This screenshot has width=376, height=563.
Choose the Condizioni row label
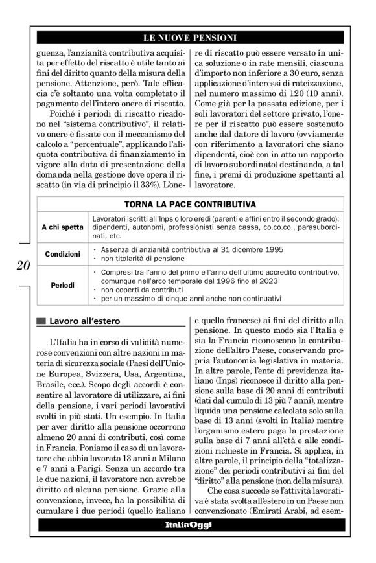click(62, 255)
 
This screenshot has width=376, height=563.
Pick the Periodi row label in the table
click(63, 285)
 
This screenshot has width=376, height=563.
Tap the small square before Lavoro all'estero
click(42, 321)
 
